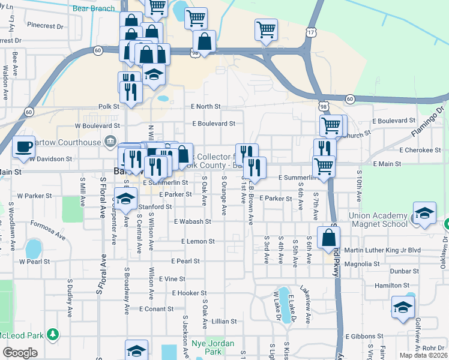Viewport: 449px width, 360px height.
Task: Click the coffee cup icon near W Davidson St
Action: pyautogui.click(x=23, y=146)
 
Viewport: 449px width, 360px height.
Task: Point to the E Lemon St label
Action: pyautogui.click(x=198, y=241)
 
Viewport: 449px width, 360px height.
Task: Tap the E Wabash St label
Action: pyautogui.click(x=192, y=221)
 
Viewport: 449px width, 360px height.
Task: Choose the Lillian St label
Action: pyautogui.click(x=224, y=322)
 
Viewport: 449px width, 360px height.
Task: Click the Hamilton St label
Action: pyautogui.click(x=405, y=286)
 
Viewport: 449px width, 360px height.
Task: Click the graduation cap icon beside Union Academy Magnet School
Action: pyautogui.click(x=424, y=214)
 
